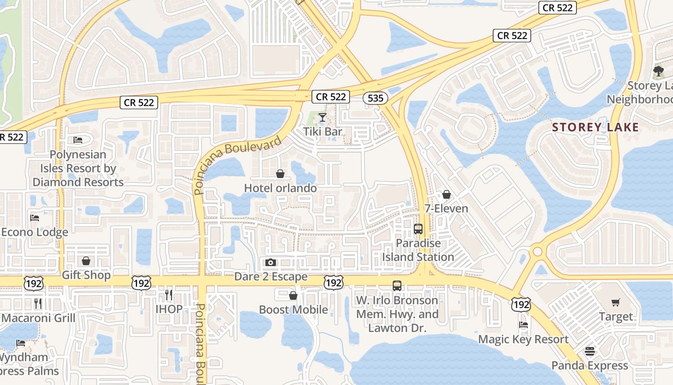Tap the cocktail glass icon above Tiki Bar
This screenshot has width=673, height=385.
(x=322, y=117)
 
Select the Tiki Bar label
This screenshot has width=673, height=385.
(x=323, y=131)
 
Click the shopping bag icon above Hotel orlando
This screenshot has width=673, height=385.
(x=280, y=174)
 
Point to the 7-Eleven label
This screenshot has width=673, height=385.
(x=446, y=208)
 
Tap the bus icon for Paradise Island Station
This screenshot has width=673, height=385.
(x=418, y=229)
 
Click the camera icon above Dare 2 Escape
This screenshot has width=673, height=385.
(x=271, y=262)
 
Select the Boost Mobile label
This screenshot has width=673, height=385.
(x=293, y=309)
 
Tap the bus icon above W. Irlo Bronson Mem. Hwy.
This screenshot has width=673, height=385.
(x=397, y=285)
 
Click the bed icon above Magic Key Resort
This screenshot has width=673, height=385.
(x=523, y=325)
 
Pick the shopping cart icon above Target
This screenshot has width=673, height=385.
(x=616, y=302)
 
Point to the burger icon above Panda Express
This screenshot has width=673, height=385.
(x=590, y=351)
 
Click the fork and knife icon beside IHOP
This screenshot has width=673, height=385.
(x=169, y=295)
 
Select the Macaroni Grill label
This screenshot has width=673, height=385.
(x=38, y=318)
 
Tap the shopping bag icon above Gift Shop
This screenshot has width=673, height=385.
(x=86, y=261)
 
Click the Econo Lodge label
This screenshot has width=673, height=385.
(x=35, y=232)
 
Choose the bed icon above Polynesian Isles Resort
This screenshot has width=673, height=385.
(x=78, y=140)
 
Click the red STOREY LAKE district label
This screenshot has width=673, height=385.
(x=595, y=128)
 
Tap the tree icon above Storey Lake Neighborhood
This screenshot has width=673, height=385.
(x=659, y=72)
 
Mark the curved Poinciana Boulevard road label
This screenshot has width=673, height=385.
(x=238, y=164)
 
